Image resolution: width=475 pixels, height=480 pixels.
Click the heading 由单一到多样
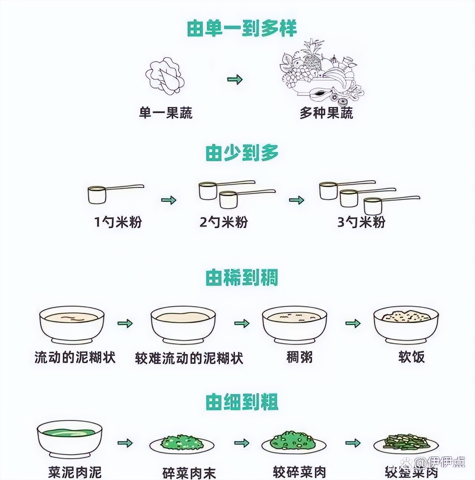click(x=242, y=28)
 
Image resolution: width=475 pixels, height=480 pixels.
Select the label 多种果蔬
click(x=326, y=113)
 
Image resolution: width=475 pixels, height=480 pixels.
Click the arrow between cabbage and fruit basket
click(x=235, y=79)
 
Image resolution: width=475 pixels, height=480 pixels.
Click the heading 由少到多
click(x=242, y=153)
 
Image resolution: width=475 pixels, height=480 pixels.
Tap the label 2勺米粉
click(x=223, y=222)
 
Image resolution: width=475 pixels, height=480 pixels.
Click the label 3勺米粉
click(x=361, y=222)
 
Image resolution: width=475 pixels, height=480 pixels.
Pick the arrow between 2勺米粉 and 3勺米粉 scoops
click(x=296, y=200)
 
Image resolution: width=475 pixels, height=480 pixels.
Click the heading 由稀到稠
click(x=242, y=277)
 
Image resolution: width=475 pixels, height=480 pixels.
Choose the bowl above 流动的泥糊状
click(x=72, y=325)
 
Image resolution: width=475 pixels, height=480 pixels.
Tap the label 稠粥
click(x=299, y=357)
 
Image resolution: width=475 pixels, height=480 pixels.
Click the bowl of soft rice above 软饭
click(x=406, y=325)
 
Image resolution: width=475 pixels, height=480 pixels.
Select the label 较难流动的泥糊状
click(x=189, y=358)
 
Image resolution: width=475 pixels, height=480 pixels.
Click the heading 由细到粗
click(x=242, y=402)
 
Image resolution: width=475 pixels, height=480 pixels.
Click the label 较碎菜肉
click(x=299, y=472)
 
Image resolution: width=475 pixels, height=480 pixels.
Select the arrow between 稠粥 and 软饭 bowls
click(x=353, y=323)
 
